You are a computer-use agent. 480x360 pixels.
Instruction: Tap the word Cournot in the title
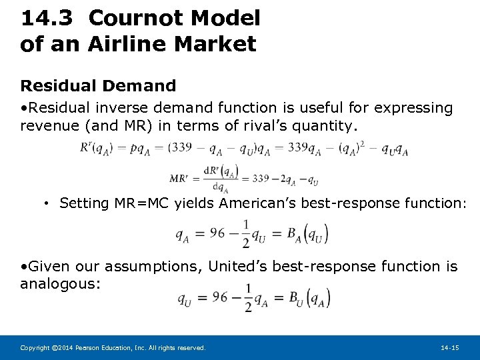tap(130, 18)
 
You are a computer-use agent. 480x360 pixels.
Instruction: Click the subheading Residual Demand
tap(98, 85)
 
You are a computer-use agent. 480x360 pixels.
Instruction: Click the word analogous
tap(61, 284)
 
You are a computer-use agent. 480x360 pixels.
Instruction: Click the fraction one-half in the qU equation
tap(249, 297)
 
